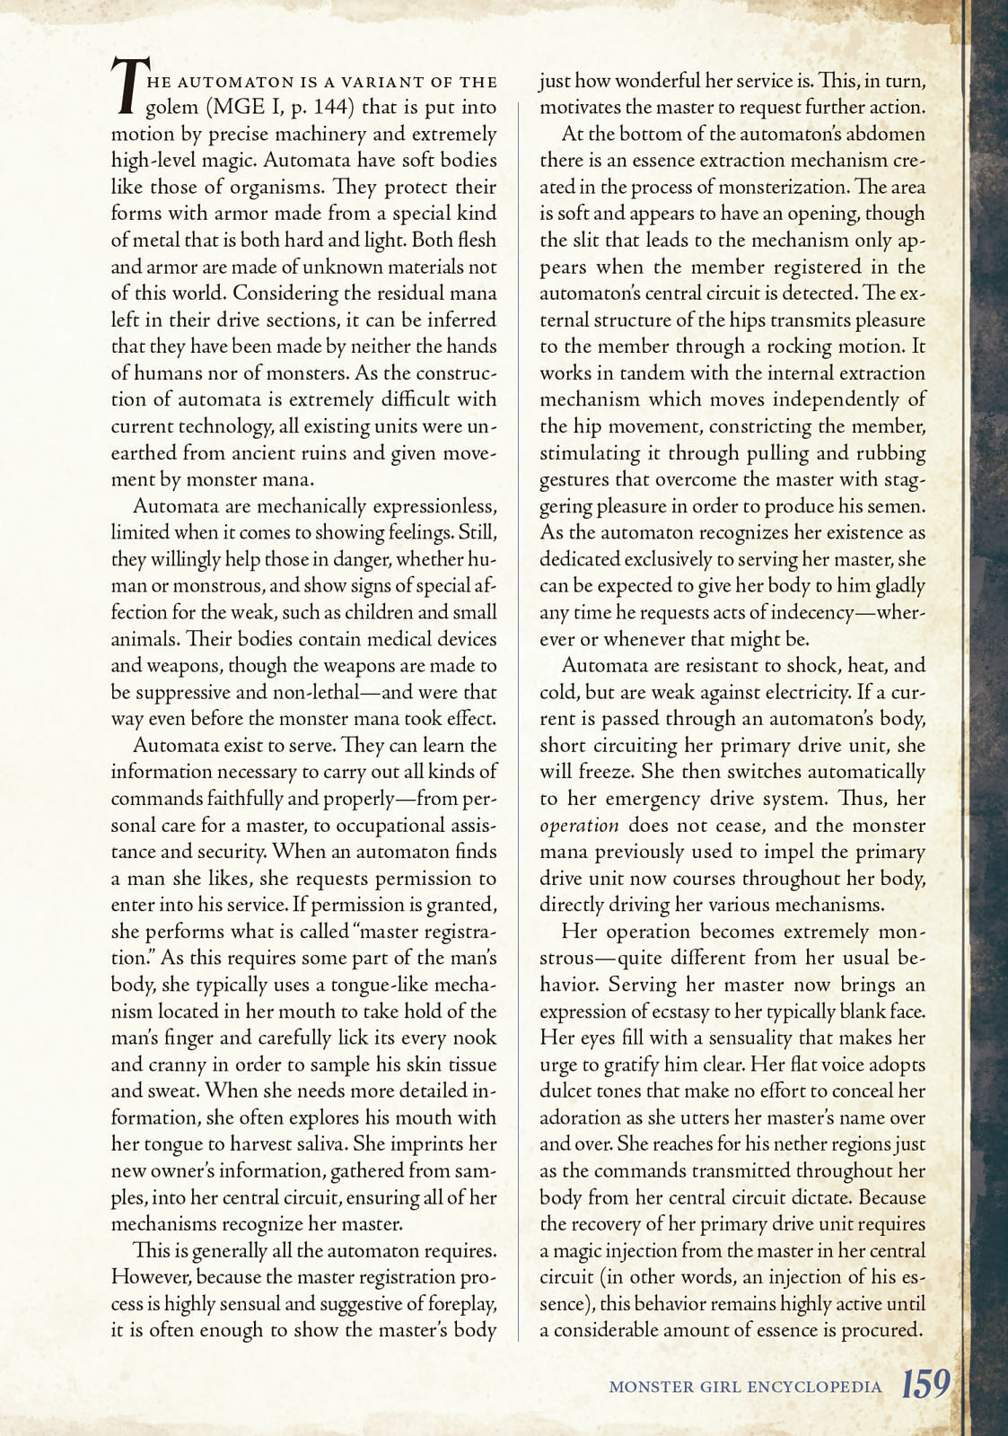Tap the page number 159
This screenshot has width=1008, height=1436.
coord(925,1383)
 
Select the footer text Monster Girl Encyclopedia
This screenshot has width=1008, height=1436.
coord(745,1387)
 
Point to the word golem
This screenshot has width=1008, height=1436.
coord(172,108)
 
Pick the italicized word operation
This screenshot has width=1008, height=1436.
coord(579,826)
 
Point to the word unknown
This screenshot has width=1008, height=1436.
coord(342,267)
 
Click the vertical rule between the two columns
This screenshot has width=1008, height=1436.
coord(519,718)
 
